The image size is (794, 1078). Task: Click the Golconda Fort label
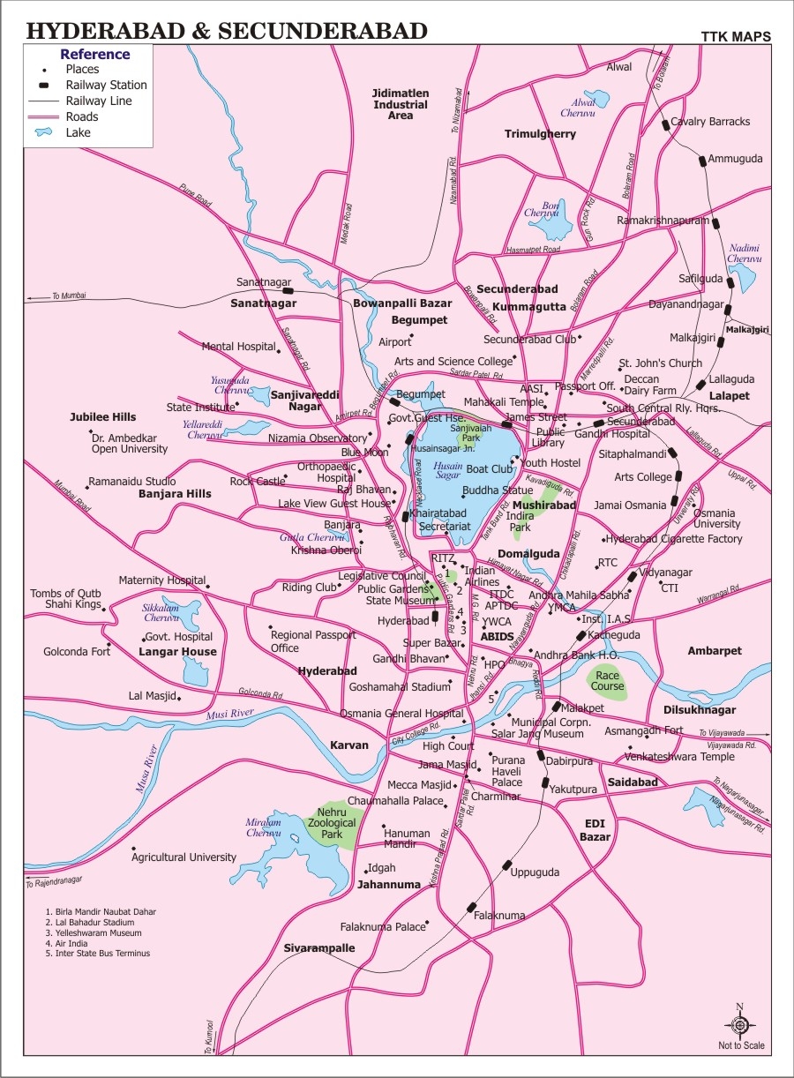[x=78, y=652]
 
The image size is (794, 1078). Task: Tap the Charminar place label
[x=495, y=796]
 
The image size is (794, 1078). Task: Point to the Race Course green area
[x=607, y=680]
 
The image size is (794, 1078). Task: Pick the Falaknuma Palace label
[x=383, y=927]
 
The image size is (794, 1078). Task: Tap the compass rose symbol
[x=740, y=1024]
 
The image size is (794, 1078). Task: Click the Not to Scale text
[x=741, y=1046]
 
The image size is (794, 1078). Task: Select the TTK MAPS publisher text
[x=736, y=37]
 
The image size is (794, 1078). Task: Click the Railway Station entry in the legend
[x=106, y=86]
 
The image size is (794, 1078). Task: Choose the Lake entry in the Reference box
[x=78, y=133]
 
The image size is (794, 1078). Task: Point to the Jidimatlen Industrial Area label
[x=401, y=104]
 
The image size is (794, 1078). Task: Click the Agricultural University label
[x=184, y=857]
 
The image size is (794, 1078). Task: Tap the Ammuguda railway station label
[x=736, y=159]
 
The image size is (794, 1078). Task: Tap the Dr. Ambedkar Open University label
[x=130, y=442]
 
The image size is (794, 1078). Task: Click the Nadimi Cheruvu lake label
[x=744, y=254]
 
